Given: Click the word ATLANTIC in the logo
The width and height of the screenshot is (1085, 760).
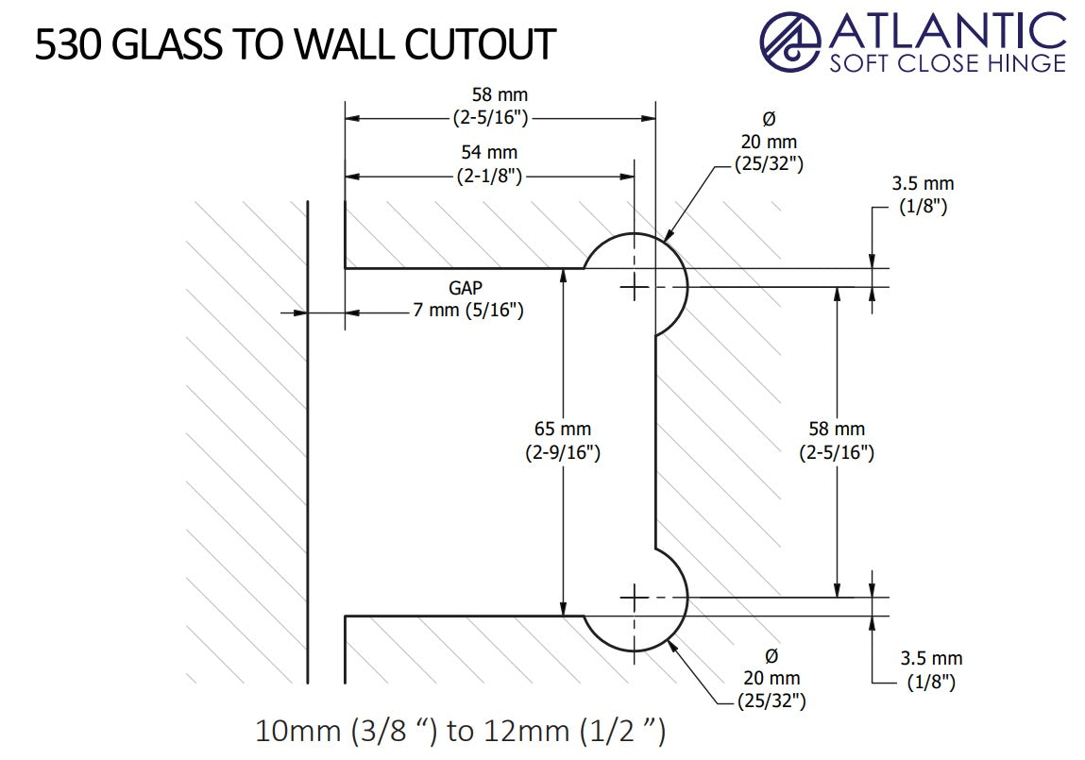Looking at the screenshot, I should pos(947,30).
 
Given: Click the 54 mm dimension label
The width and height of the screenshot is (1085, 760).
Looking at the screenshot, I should pos(489,152).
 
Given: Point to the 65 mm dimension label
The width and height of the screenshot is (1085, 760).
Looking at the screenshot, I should pos(563,430).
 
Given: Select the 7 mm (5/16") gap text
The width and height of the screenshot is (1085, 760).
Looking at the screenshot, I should pos(468,311).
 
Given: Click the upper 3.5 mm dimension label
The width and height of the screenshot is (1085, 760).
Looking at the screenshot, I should pos(923,183).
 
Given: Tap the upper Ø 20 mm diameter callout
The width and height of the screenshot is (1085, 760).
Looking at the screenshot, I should pos(769,142).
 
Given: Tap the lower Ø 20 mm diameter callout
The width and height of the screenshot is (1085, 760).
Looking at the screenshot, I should pos(771,678).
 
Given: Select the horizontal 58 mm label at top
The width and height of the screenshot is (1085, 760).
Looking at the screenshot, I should pos(500,95).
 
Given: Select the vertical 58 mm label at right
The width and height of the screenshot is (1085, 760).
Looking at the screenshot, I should pos(837,430).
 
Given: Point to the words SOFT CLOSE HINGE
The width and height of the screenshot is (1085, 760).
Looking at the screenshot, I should pos(947,63).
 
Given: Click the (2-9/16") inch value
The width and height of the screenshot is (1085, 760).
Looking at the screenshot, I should pos(563,452).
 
